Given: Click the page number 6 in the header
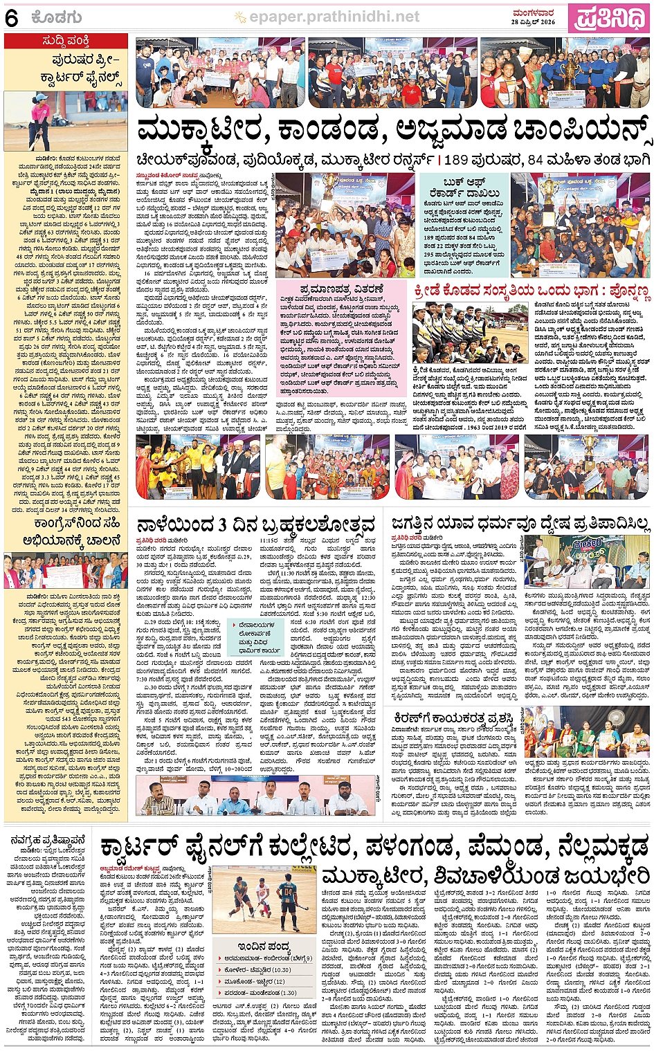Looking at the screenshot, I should tap(11, 18).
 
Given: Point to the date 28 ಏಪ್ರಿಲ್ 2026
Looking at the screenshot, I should tap(533, 22).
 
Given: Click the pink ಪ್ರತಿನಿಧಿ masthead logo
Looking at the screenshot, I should tap(608, 17).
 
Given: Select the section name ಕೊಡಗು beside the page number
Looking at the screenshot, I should tap(56, 18).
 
